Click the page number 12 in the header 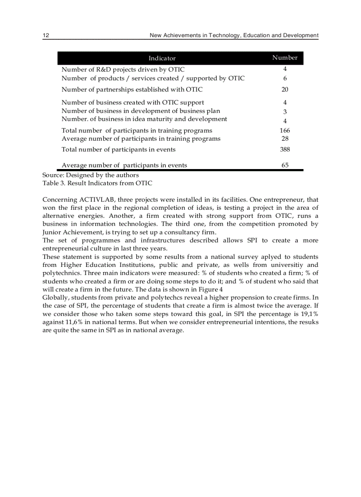click(x=45, y=35)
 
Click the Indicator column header click(x=162, y=58)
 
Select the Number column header click(x=284, y=58)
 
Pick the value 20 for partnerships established click(x=285, y=89)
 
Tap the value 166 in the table click(x=285, y=131)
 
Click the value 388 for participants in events click(x=285, y=150)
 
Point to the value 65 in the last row click(x=285, y=165)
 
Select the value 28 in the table click(x=285, y=139)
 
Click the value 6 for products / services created click(x=285, y=78)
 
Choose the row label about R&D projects click(x=123, y=69)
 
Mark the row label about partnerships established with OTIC click(x=132, y=89)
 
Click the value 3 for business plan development click(x=285, y=112)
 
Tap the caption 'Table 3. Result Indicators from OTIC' click(x=97, y=183)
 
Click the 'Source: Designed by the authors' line click(x=90, y=175)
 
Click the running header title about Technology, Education click(x=234, y=35)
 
